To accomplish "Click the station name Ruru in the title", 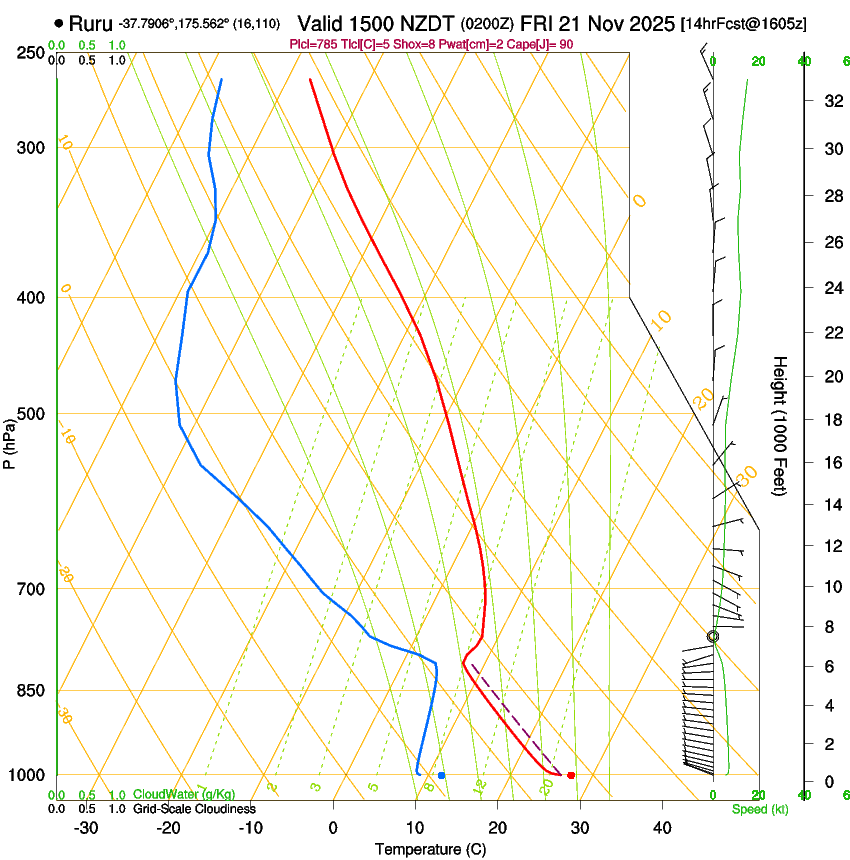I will click(x=90, y=23).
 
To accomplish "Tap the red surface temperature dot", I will click(x=571, y=775).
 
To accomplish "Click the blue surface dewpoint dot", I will click(x=441, y=775).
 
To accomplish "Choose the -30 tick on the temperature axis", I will click(x=86, y=827).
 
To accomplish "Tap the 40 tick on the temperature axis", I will click(x=661, y=827).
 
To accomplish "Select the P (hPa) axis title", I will click(x=10, y=441).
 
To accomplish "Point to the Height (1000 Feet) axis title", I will click(x=781, y=425).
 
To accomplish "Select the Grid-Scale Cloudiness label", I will click(x=194, y=808).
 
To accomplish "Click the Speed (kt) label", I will click(x=759, y=809).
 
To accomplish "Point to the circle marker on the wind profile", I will click(x=713, y=636).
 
